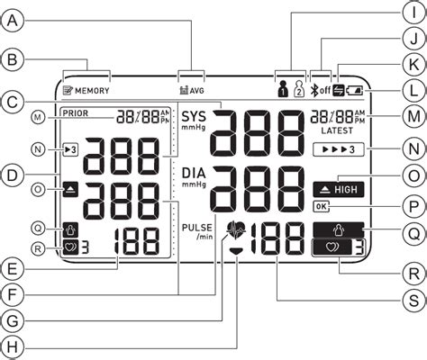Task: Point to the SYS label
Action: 194,117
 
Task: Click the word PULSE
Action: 195,227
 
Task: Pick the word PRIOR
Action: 77,113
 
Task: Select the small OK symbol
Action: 321,206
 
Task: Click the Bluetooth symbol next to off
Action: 314,90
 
